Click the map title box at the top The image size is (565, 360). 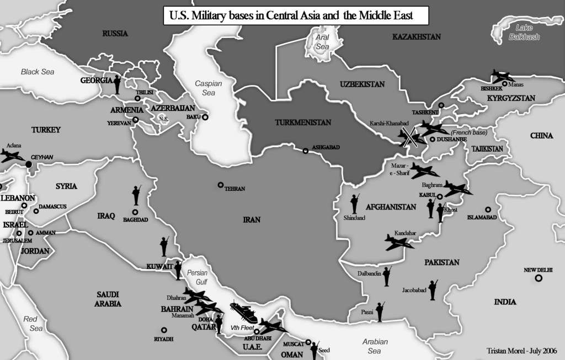coord(296,16)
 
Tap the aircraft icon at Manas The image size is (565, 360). coord(503,76)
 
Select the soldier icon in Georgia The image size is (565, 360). coord(118,84)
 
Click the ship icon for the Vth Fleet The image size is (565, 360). coord(243,313)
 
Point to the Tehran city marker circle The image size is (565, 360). coord(221,185)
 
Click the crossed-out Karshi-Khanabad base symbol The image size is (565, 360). coord(409,137)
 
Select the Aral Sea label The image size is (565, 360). coord(322,42)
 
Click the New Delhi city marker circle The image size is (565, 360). coord(538,278)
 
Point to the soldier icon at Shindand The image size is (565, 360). coord(354,203)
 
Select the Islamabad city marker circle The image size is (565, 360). coord(488,209)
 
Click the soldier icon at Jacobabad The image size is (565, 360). coord(433,289)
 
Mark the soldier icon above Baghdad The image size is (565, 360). coord(136,195)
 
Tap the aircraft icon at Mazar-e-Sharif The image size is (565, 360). coord(424,170)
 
